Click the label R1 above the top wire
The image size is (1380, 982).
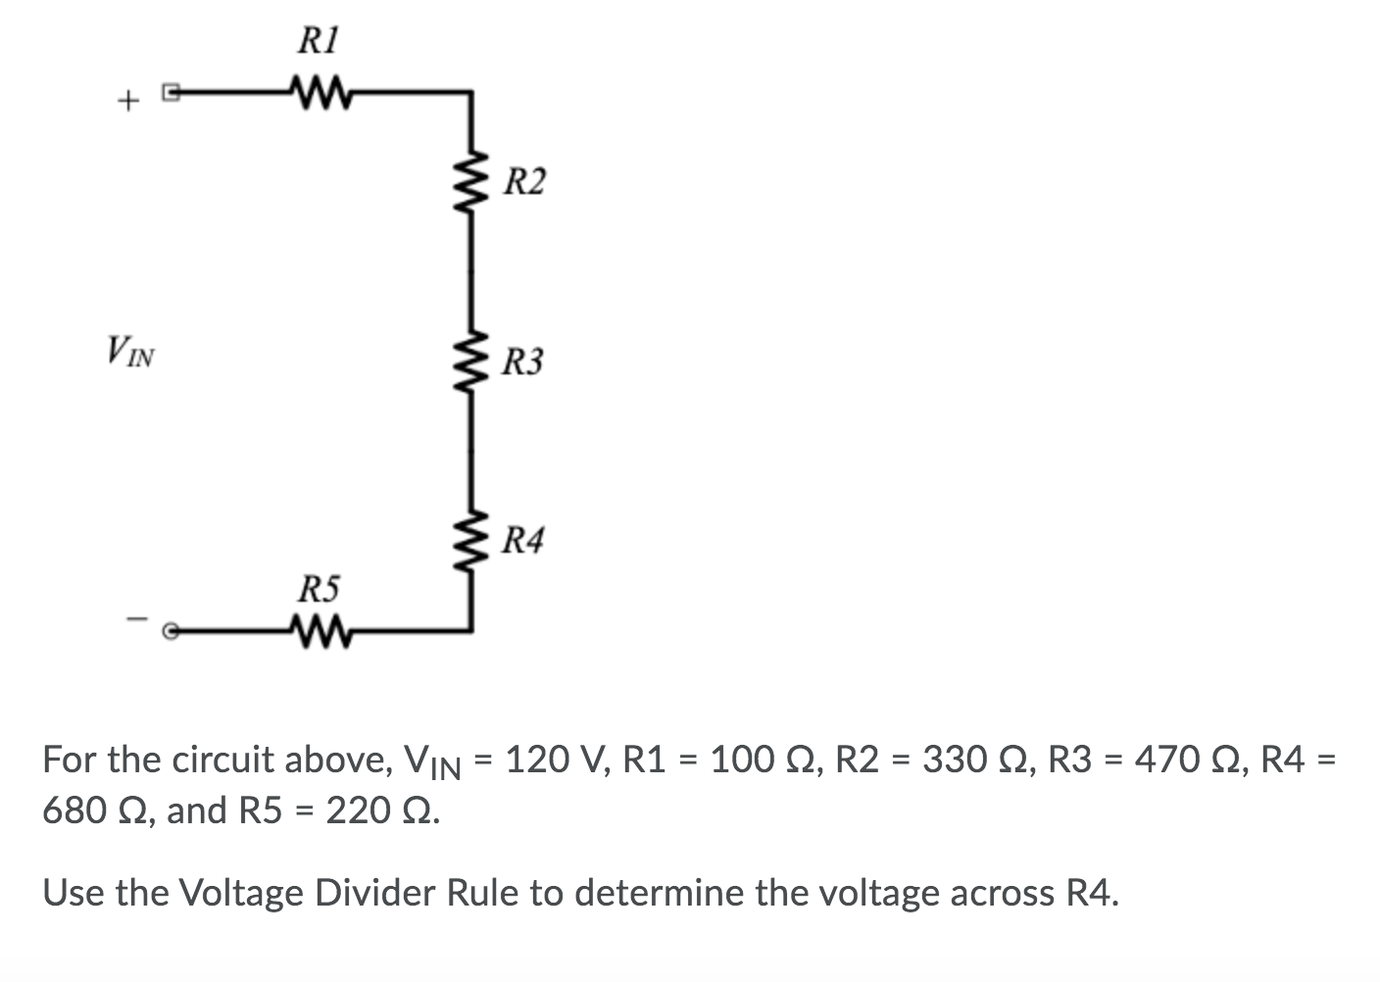(x=319, y=41)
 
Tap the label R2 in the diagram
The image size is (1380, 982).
(x=525, y=182)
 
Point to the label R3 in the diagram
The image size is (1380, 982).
(x=521, y=363)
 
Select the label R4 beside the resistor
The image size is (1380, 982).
(x=521, y=540)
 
